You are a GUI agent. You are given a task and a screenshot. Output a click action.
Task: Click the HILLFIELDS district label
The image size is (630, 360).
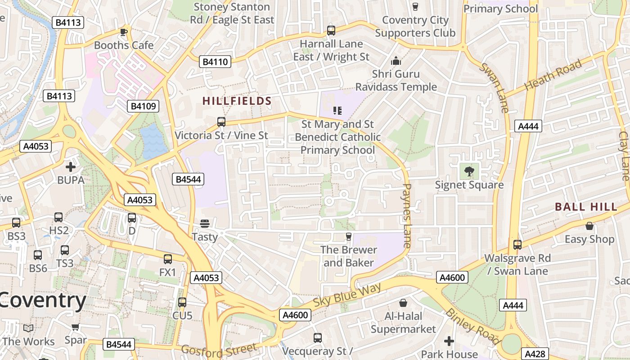[x=237, y=101]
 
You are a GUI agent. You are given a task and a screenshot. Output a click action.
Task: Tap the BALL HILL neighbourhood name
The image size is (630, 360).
[x=586, y=207]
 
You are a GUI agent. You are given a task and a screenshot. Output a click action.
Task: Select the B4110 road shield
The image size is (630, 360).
[x=215, y=62]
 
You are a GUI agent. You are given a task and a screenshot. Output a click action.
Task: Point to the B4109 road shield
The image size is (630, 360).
[x=143, y=106]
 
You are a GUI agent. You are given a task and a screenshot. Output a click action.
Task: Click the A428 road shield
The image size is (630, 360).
[x=535, y=354]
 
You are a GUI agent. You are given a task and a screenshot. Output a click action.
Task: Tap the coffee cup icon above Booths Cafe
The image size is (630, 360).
[x=124, y=32]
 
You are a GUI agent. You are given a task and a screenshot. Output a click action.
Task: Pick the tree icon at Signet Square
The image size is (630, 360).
[x=469, y=171]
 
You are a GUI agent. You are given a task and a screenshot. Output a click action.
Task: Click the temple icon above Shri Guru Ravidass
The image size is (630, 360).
[x=396, y=61]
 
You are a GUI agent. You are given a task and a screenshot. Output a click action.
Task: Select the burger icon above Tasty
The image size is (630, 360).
[x=205, y=224]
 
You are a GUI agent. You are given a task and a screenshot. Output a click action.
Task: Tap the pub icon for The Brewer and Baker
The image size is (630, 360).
[x=348, y=236]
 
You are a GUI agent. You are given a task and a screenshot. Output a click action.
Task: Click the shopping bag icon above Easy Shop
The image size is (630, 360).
[x=589, y=226]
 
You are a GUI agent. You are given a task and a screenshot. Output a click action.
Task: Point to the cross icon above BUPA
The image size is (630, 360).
[x=71, y=167]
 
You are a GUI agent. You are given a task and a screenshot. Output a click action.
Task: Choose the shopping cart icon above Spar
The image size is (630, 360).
[x=75, y=327]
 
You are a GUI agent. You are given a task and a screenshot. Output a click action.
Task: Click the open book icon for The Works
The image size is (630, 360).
[x=28, y=328]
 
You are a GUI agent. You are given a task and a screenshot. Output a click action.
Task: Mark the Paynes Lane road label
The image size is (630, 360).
[x=407, y=216]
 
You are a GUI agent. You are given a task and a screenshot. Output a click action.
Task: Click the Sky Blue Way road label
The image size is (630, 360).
[x=347, y=295]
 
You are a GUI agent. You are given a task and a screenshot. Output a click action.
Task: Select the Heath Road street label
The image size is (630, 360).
[x=553, y=74]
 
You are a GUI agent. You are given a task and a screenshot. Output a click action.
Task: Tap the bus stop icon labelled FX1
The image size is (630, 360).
[x=168, y=259]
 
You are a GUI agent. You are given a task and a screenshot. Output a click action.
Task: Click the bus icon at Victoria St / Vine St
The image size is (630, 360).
[x=221, y=122]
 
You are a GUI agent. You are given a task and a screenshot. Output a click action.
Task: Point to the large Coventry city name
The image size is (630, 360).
[x=43, y=300]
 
